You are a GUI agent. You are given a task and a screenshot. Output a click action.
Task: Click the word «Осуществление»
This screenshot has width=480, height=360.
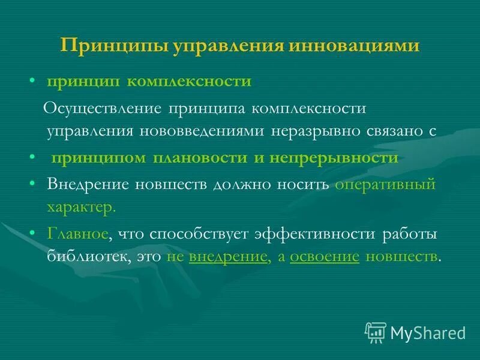coord(106,109)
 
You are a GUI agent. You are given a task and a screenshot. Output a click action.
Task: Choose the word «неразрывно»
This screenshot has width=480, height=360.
coord(313,130)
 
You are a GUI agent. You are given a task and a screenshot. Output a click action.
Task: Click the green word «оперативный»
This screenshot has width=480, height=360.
coord(385,185)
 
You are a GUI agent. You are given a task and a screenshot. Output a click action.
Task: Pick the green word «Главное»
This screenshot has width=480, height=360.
coord(77,234)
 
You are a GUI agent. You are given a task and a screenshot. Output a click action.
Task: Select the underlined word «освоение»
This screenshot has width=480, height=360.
coord(324,256)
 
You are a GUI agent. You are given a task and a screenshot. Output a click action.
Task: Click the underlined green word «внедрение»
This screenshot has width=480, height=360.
coord(227,256)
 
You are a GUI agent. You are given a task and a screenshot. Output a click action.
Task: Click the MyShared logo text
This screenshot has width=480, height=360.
coord(428,332)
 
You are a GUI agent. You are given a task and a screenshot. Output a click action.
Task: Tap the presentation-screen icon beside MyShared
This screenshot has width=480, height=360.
coord(376,332)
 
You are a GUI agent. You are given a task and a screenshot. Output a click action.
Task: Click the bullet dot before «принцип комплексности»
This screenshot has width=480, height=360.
coord(35,81)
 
